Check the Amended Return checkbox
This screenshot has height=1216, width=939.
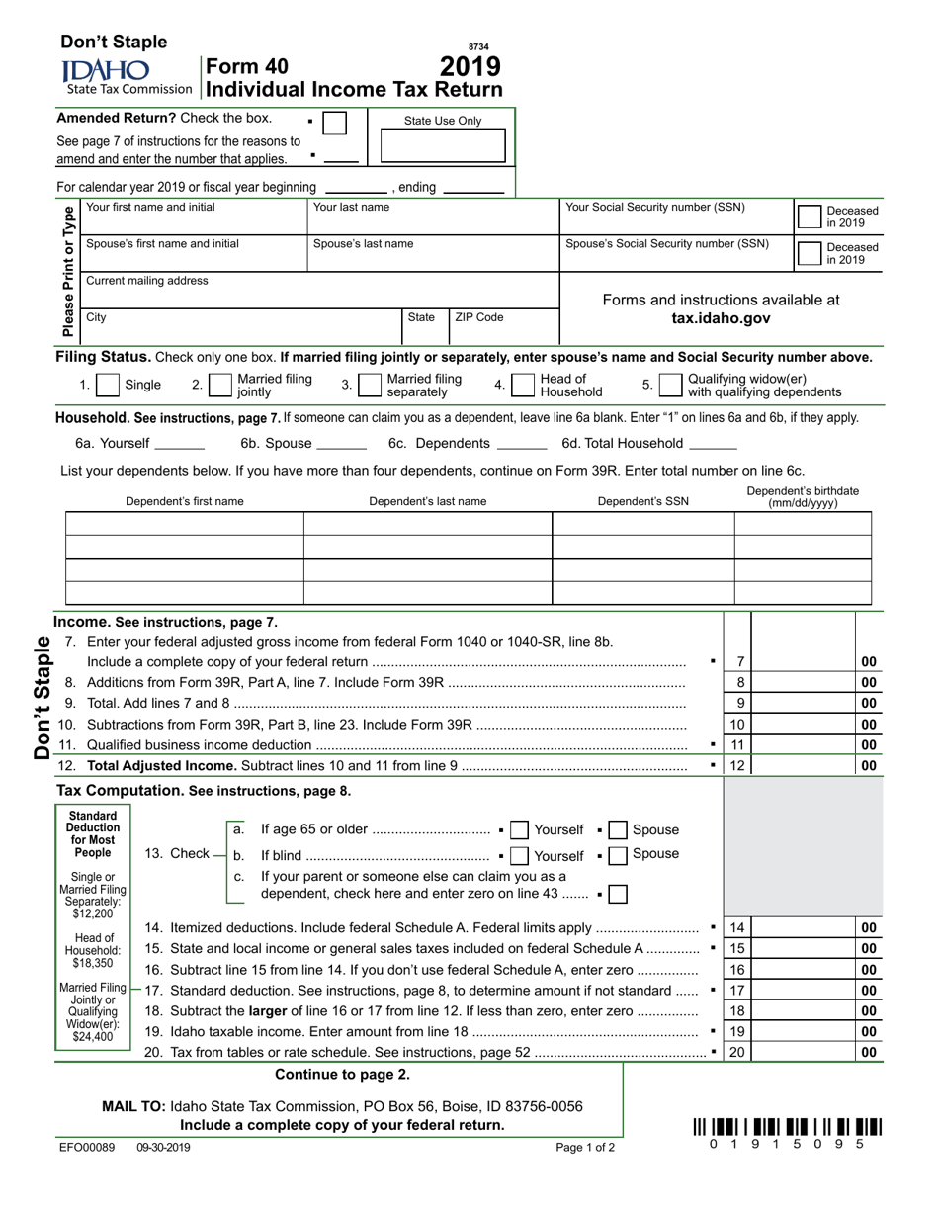click(x=335, y=124)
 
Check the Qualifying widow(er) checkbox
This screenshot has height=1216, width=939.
click(x=669, y=385)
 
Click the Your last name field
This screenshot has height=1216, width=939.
click(x=432, y=218)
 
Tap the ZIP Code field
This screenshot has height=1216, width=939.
click(x=504, y=327)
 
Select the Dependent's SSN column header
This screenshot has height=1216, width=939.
click(x=642, y=501)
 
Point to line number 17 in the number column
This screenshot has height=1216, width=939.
click(x=737, y=990)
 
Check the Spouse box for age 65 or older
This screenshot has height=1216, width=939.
click(x=618, y=830)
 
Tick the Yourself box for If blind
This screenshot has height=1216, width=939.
click(x=521, y=856)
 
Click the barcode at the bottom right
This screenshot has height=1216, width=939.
click(x=787, y=1127)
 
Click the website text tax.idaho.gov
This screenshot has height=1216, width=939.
click(x=721, y=318)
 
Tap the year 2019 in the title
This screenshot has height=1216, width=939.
click(x=469, y=67)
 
